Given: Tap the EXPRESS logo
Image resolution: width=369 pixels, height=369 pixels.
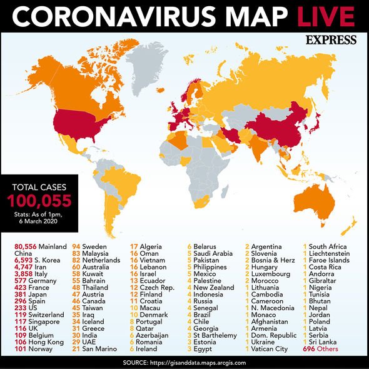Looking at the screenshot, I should (331, 40).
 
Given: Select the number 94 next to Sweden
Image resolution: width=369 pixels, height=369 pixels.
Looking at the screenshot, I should (79, 247).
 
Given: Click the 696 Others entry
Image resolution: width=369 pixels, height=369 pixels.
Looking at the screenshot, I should (320, 348).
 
